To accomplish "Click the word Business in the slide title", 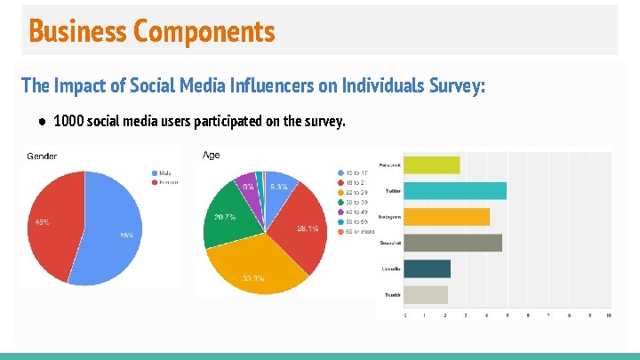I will [78, 31].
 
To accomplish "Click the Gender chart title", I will [42, 156].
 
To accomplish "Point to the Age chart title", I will [212, 155].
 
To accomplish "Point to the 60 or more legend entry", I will [356, 232].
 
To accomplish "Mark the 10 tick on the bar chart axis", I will [608, 315].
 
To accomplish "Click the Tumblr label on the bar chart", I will [391, 294].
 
